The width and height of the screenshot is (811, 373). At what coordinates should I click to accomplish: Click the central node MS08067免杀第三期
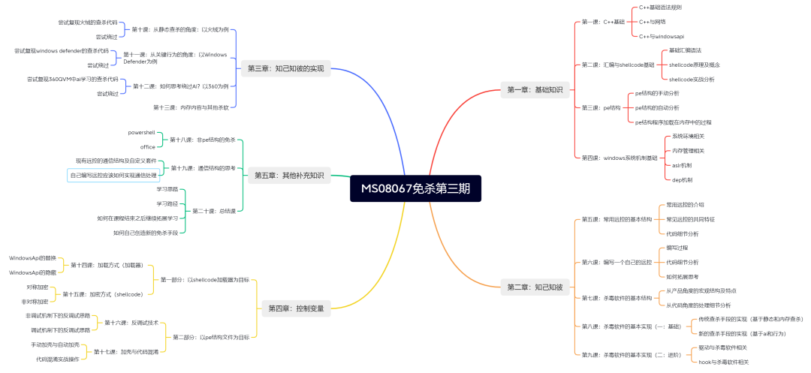[415, 188]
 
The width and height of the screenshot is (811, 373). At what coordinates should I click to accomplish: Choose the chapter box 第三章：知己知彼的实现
[286, 68]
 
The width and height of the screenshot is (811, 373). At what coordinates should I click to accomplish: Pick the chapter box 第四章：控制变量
[296, 308]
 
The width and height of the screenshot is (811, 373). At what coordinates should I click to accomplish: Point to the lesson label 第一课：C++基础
[603, 22]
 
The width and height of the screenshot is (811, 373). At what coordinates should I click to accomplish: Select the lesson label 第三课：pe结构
[601, 108]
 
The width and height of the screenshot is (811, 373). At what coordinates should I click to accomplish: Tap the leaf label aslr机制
[683, 165]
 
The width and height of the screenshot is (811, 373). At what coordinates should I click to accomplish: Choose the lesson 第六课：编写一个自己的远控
[617, 262]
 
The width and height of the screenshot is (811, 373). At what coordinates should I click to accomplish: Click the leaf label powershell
[141, 132]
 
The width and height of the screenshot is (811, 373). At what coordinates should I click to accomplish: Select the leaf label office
[147, 146]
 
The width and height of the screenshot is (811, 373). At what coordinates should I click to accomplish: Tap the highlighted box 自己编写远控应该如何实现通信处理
[114, 176]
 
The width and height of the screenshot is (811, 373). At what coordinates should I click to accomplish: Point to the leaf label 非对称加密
[37, 301]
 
